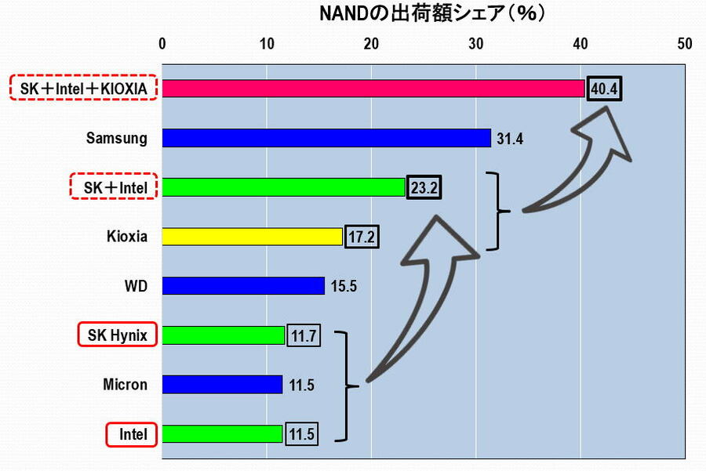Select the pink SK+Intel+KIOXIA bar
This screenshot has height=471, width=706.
coord(373,89)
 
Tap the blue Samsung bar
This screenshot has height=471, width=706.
coord(326,138)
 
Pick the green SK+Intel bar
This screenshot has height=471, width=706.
coord(283,187)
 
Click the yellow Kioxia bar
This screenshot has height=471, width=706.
coord(252,236)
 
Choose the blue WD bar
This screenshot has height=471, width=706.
coord(243,285)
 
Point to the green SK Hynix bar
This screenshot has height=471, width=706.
coord(224,335)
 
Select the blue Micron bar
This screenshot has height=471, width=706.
coord(222,384)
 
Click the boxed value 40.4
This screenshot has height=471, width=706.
coord(605,89)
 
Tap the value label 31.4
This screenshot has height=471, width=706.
coord(510,139)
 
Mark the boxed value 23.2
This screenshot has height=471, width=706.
coord(424,188)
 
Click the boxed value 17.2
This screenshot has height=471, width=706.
coord(361,237)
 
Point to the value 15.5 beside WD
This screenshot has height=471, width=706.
coord(344,286)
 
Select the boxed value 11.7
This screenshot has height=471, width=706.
coord(303,335)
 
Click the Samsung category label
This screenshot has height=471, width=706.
coord(117,138)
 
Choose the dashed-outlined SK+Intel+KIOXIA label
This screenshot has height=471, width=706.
coord(84,89)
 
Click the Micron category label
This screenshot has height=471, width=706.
coord(125,384)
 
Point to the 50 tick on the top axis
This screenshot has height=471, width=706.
coord(685,44)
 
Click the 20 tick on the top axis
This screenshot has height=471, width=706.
coord(371,44)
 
